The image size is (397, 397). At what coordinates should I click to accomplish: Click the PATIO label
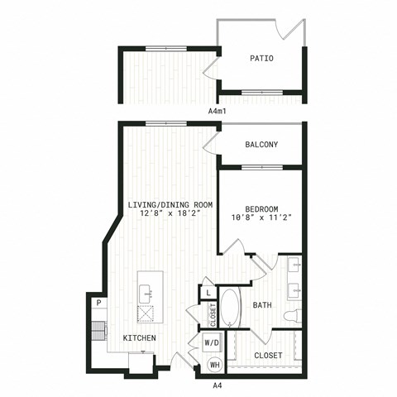[x=261, y=58]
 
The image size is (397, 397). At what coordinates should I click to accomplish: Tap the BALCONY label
[x=261, y=145]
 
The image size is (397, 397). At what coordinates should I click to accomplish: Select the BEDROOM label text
[x=261, y=209]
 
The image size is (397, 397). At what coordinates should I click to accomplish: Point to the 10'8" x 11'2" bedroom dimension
[x=261, y=218]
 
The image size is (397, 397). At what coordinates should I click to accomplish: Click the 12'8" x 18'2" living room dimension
[x=170, y=213]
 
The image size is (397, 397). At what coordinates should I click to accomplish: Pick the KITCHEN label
[x=139, y=337]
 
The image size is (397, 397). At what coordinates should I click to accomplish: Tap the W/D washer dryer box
[x=212, y=342]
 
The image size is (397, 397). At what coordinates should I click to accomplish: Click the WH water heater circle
[x=215, y=365]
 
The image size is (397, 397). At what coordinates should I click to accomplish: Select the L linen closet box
[x=208, y=293]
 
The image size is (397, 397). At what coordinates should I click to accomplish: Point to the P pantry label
[x=98, y=303]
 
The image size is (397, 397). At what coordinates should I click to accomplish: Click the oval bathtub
[x=230, y=308]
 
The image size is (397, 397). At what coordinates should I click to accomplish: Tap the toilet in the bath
[x=293, y=316]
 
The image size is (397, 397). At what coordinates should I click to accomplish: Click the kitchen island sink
[x=146, y=294]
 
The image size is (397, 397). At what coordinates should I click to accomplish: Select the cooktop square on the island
[x=146, y=313]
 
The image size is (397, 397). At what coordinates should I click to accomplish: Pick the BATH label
[x=262, y=305]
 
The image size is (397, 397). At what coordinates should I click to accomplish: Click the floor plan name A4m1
[x=218, y=112]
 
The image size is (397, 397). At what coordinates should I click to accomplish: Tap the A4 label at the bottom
[x=218, y=385]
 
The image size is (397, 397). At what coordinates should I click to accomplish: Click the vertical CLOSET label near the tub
[x=213, y=315]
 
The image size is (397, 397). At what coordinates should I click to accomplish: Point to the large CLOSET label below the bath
[x=268, y=356]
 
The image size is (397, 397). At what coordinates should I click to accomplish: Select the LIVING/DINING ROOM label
[x=170, y=205]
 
